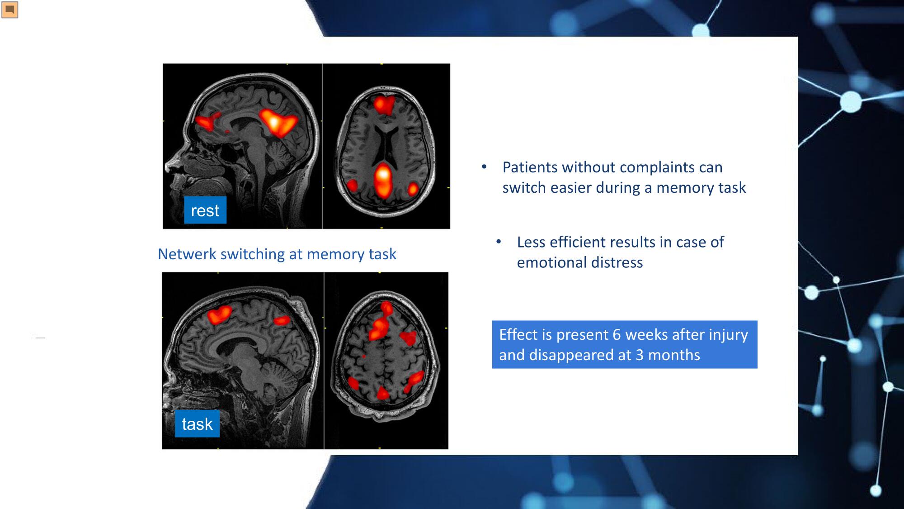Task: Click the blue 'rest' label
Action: point(205,210)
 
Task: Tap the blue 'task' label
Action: point(197,423)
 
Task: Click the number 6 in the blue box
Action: point(617,334)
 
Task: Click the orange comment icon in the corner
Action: point(9,10)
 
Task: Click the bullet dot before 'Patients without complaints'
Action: point(484,167)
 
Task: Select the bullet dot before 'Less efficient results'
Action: point(499,242)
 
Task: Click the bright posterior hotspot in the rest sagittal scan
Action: point(278,122)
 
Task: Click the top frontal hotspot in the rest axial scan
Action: point(384,104)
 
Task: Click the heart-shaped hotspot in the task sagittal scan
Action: point(219,314)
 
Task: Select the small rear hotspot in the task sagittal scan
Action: point(282,320)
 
